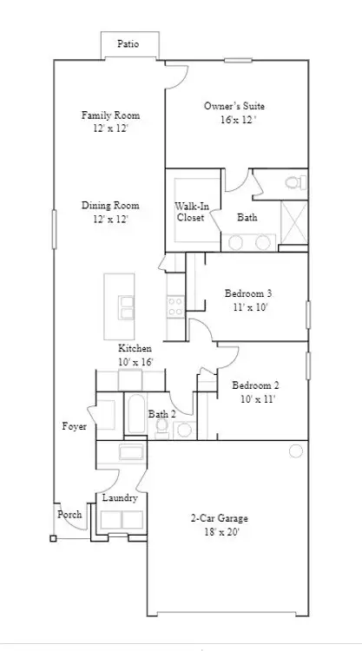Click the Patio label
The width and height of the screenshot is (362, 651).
(128, 43)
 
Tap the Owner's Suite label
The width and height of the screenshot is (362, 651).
(234, 106)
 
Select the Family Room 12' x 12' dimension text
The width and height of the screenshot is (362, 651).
(110, 128)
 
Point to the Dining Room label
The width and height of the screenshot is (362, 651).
(110, 206)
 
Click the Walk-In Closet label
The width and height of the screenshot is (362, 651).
(191, 211)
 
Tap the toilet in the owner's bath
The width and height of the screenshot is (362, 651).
(295, 182)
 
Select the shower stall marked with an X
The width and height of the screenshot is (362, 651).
(294, 222)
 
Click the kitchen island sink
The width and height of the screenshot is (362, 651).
(126, 307)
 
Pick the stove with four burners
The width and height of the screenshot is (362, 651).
(175, 306)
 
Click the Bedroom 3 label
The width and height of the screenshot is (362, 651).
(248, 293)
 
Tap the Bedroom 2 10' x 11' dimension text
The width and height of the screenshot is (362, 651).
(258, 399)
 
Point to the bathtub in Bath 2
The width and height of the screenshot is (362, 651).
(135, 414)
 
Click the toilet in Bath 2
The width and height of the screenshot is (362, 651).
(161, 428)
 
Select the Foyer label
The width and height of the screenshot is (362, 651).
(75, 426)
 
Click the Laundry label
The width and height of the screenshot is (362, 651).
(120, 498)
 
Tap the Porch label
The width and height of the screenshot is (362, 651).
(69, 515)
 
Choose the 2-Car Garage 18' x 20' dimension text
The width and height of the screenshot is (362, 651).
(222, 532)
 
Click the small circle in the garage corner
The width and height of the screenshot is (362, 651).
(295, 450)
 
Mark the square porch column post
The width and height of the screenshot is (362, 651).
(53, 538)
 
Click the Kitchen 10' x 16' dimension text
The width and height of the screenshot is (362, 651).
(135, 362)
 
